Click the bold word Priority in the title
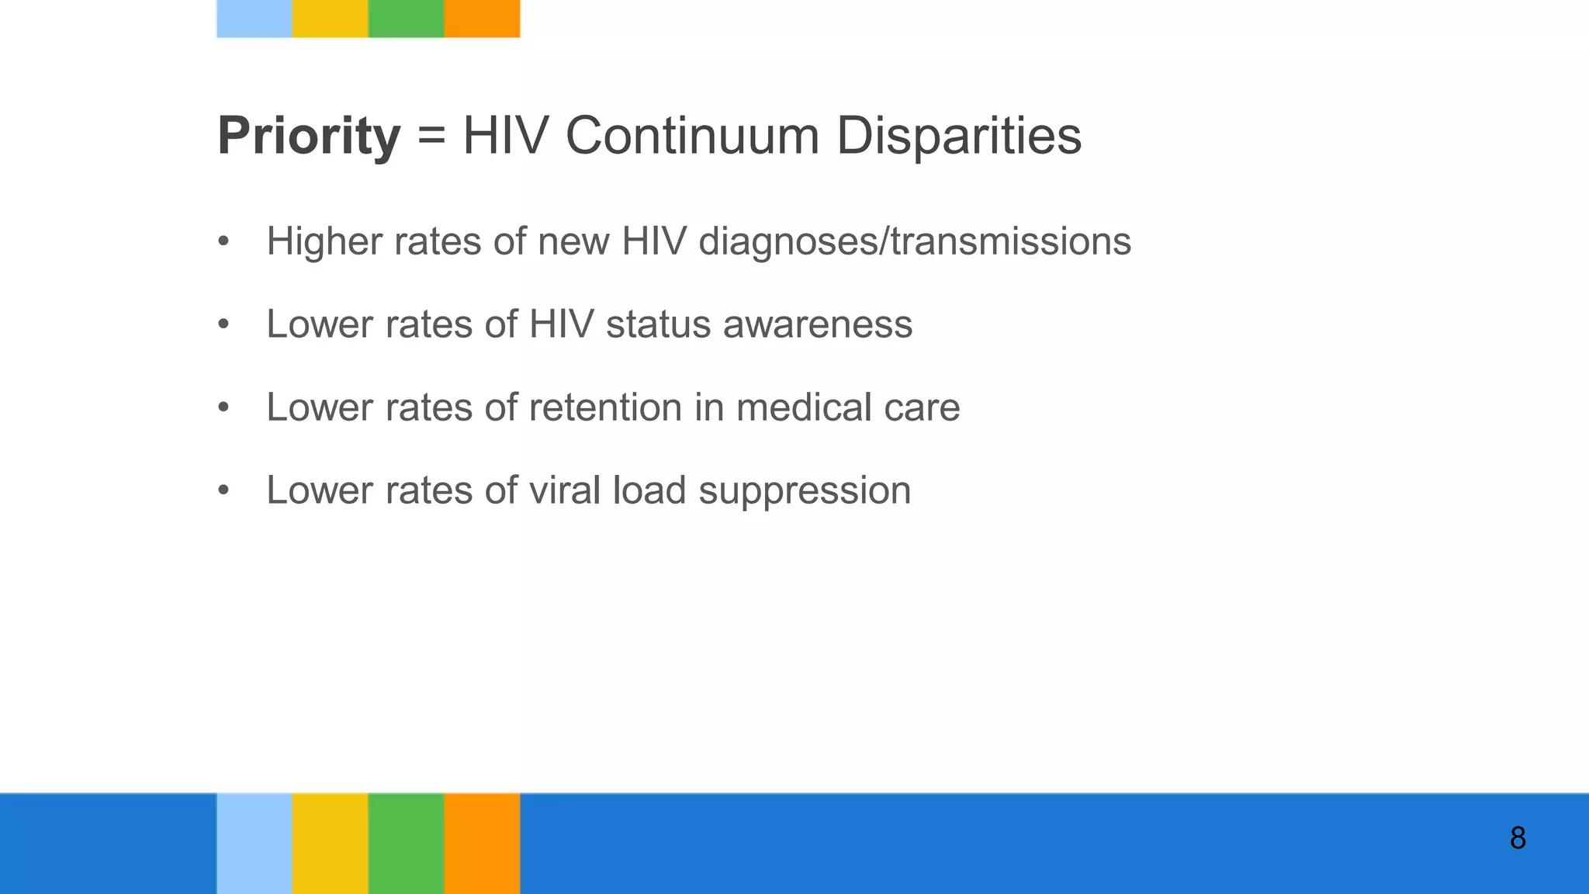(x=308, y=137)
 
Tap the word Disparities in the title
(x=958, y=137)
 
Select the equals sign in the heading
(x=431, y=137)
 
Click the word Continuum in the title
(x=692, y=137)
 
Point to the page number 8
(x=1518, y=839)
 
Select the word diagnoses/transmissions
(x=915, y=241)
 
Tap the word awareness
(x=818, y=324)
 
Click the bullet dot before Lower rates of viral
(x=223, y=490)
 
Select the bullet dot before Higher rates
(x=223, y=241)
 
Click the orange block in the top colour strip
(x=482, y=19)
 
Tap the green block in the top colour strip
(x=406, y=19)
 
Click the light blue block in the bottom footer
(x=254, y=844)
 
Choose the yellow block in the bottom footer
(x=330, y=844)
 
